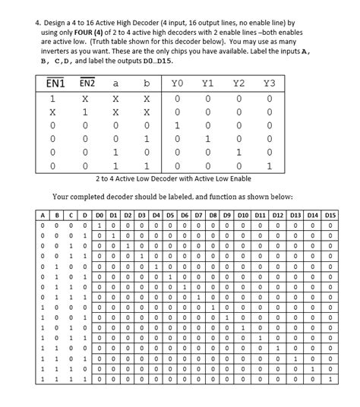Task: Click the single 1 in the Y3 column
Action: pyautogui.click(x=269, y=166)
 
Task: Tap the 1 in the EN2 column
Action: pyautogui.click(x=88, y=111)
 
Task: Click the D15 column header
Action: pyautogui.click(x=330, y=216)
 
